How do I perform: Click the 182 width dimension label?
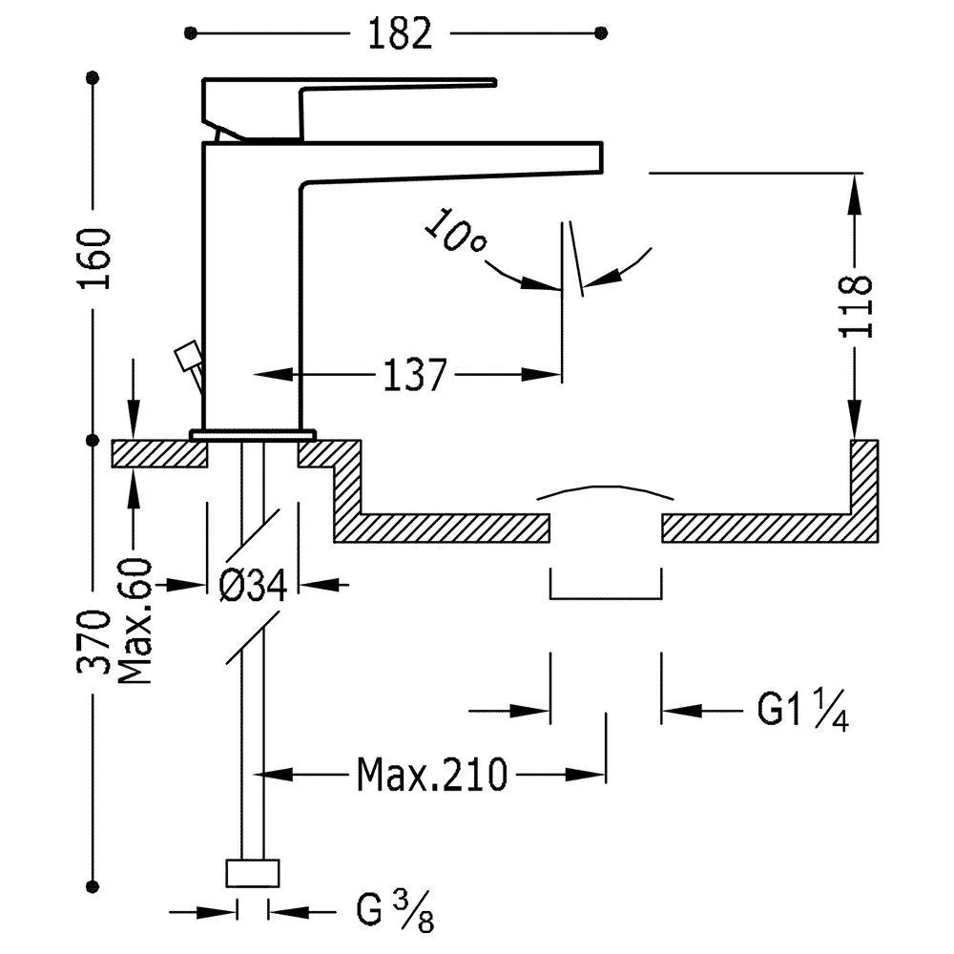(397, 33)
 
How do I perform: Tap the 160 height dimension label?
(97, 258)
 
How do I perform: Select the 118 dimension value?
(856, 305)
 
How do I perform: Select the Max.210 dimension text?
(432, 775)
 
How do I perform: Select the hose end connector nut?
(253, 873)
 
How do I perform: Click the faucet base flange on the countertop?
(253, 435)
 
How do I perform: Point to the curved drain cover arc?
(605, 490)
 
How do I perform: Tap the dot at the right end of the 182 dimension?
(600, 33)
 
